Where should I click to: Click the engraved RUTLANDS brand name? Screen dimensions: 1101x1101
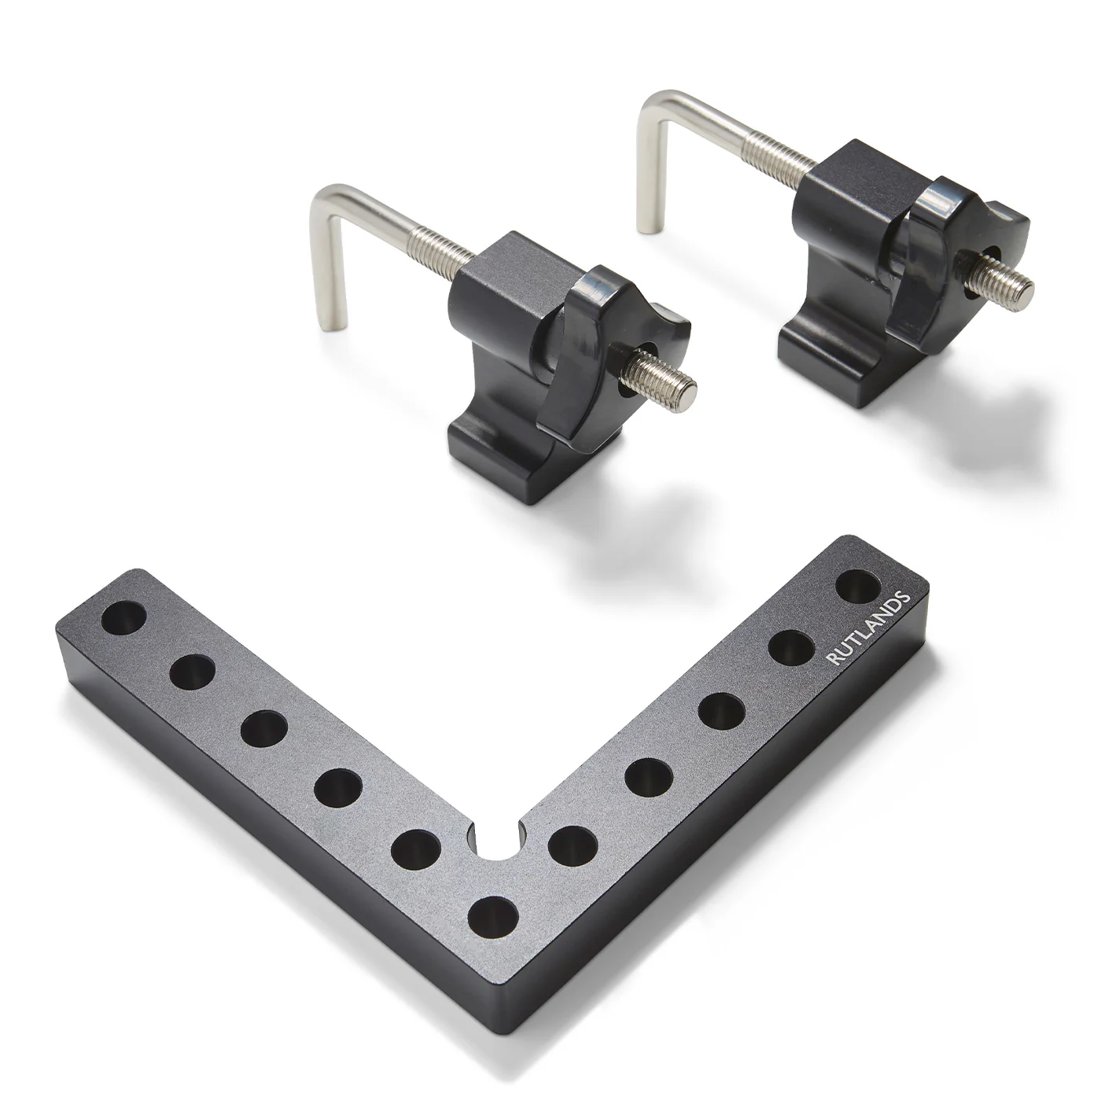pos(868,628)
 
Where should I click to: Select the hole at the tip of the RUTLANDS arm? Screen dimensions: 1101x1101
pos(859,586)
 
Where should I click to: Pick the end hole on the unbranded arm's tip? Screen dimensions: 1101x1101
pos(124,617)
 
